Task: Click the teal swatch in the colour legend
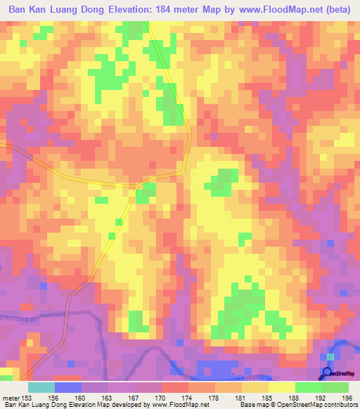41,387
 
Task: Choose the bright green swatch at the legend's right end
335,387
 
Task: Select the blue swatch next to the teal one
68,387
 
